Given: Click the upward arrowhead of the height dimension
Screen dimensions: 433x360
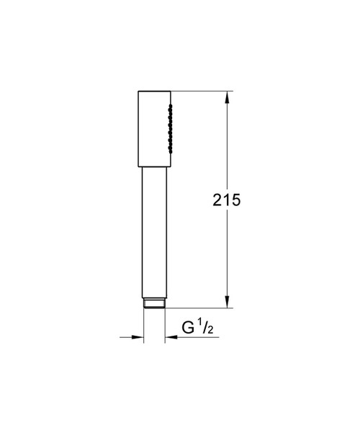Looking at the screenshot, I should (x=228, y=97).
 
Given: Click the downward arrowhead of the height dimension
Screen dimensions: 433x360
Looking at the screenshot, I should (x=228, y=303).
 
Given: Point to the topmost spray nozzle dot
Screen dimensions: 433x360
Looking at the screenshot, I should (x=170, y=106).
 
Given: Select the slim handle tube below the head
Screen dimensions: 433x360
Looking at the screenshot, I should (x=153, y=231).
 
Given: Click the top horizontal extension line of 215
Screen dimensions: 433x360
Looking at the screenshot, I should (x=202, y=91).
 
